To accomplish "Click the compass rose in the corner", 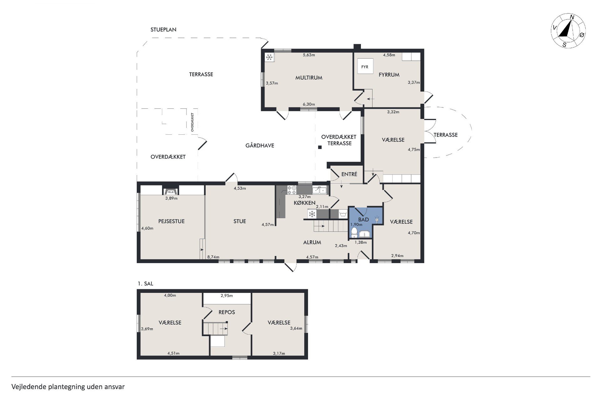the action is [568, 31].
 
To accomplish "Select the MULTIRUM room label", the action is [309, 78].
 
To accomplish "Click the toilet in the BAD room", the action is [354, 232].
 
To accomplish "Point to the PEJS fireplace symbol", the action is [171, 191].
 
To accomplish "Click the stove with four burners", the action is [292, 190].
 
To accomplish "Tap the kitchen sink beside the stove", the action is [319, 190].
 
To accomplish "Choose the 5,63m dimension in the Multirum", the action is [309, 55].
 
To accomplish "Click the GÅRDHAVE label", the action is [260, 145].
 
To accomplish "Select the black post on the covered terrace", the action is [320, 147].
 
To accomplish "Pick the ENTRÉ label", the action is [349, 174].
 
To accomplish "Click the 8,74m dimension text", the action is [213, 257].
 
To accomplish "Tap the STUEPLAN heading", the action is [163, 29].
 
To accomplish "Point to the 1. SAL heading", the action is [146, 284].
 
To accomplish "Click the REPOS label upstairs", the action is [227, 312].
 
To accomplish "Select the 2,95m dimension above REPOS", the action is [227, 295].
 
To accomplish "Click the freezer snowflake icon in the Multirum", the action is [270, 57].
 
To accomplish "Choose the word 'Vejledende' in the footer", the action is [28, 387].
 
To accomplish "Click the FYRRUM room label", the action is [389, 75].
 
